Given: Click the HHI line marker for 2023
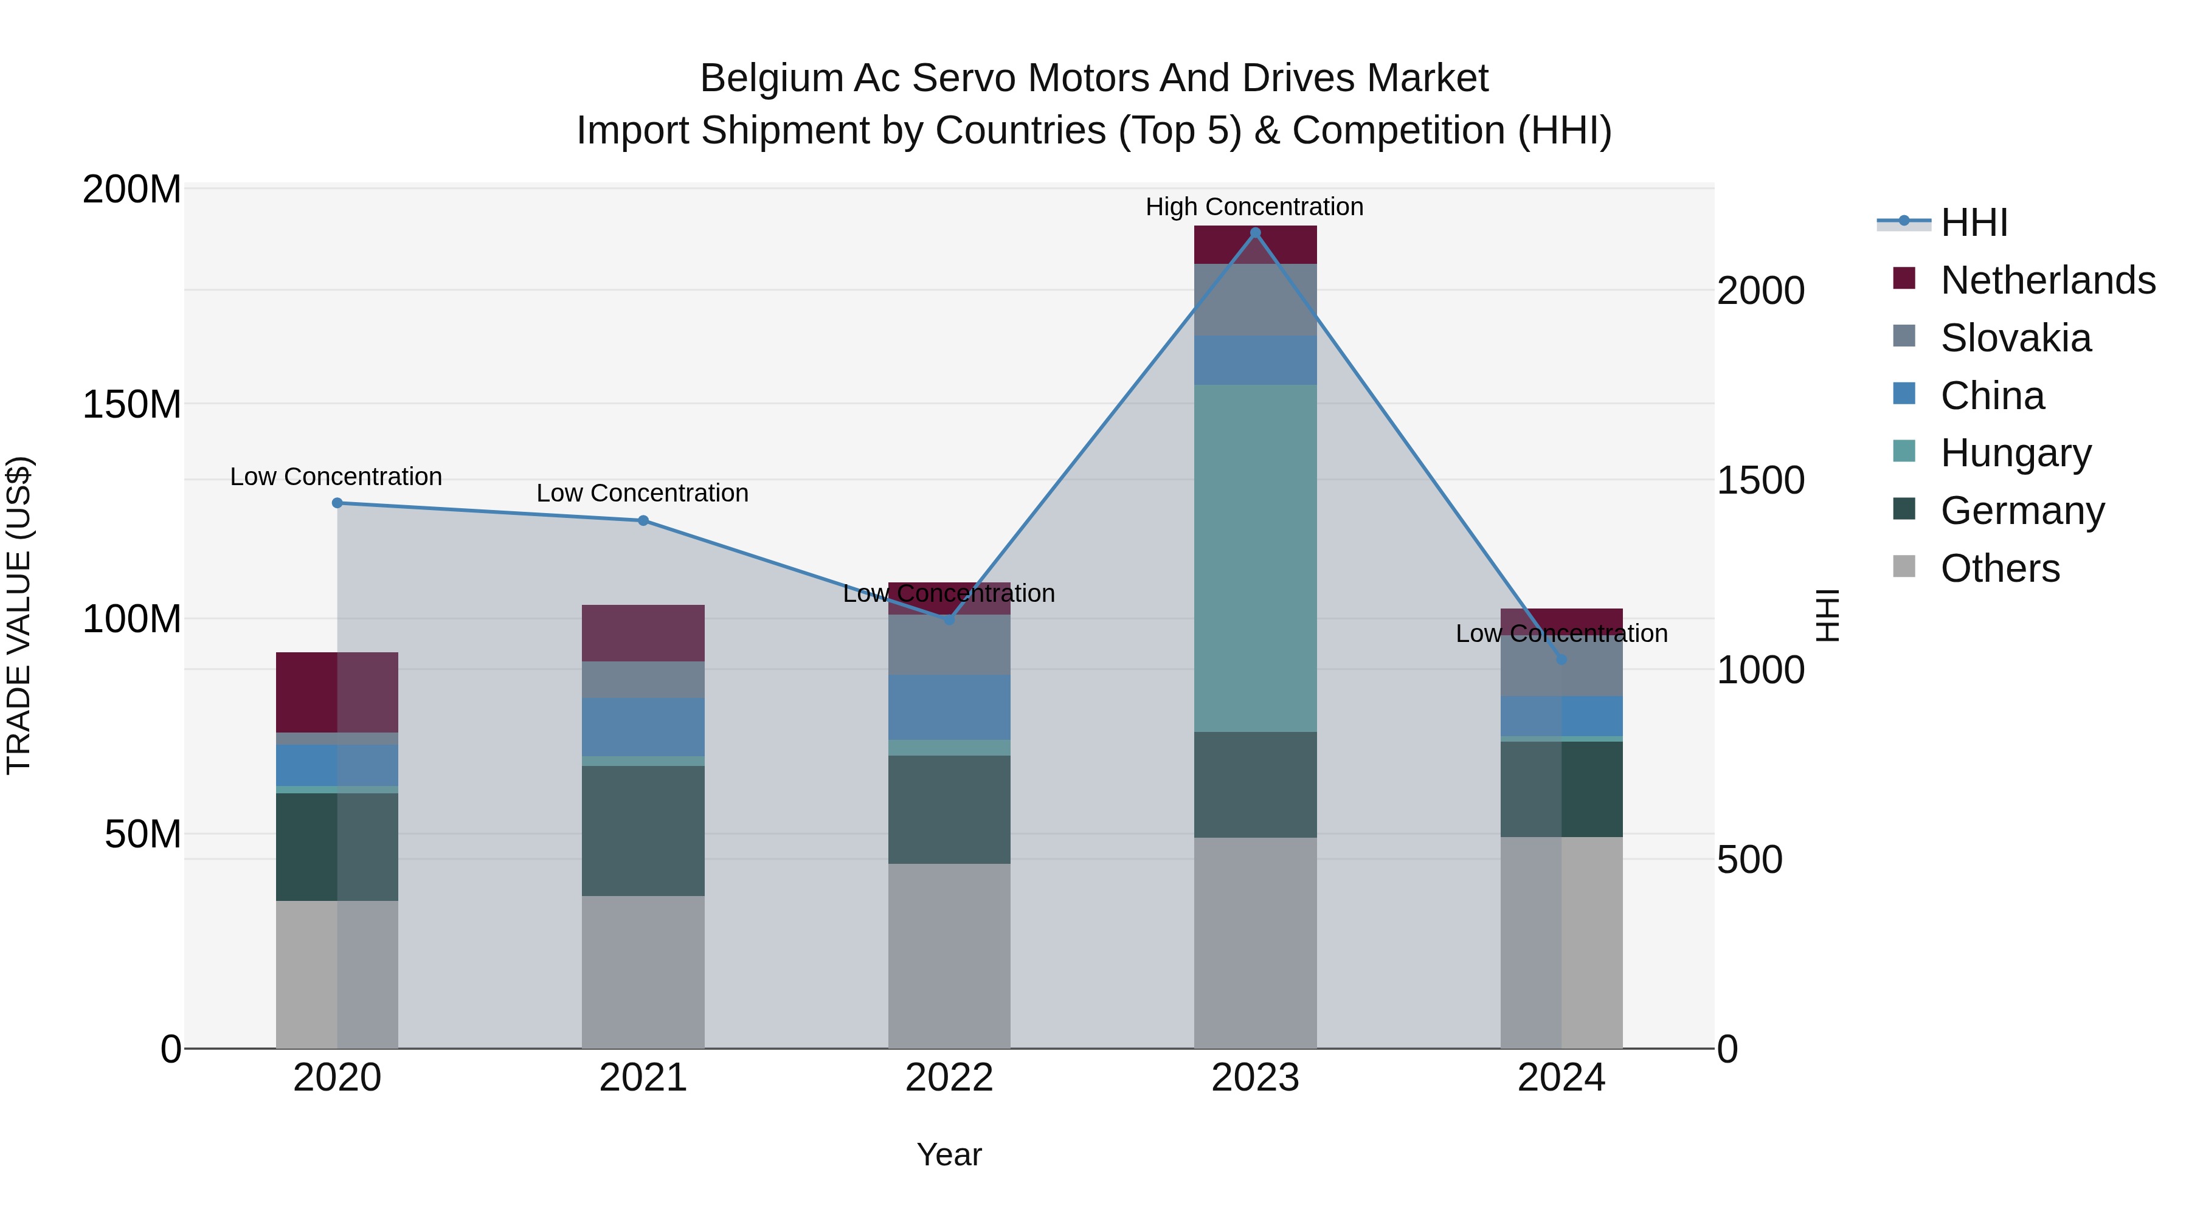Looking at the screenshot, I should click(1255, 233).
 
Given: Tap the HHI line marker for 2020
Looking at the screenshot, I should click(337, 503).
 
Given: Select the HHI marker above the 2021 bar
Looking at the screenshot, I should click(643, 521).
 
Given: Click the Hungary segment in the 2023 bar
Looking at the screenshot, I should click(1255, 557).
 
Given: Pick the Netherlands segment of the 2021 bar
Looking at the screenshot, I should click(643, 633).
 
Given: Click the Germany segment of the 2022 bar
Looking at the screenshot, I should click(949, 810).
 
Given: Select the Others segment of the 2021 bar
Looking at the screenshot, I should click(643, 972).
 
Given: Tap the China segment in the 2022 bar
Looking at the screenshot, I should click(949, 707).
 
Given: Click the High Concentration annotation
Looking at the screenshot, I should click(1254, 207).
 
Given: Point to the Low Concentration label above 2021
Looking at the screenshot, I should click(643, 493).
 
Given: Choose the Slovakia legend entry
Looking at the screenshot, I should click(2015, 338).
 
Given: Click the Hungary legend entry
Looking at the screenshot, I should click(2015, 453).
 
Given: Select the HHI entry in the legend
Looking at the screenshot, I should click(1973, 222).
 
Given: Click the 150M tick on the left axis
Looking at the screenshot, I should click(132, 404).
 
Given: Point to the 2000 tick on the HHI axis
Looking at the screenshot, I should click(1760, 291).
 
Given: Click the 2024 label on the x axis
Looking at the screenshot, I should click(1561, 1078).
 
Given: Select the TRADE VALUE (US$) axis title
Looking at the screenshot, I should click(19, 615).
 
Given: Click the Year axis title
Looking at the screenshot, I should click(949, 1154).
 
